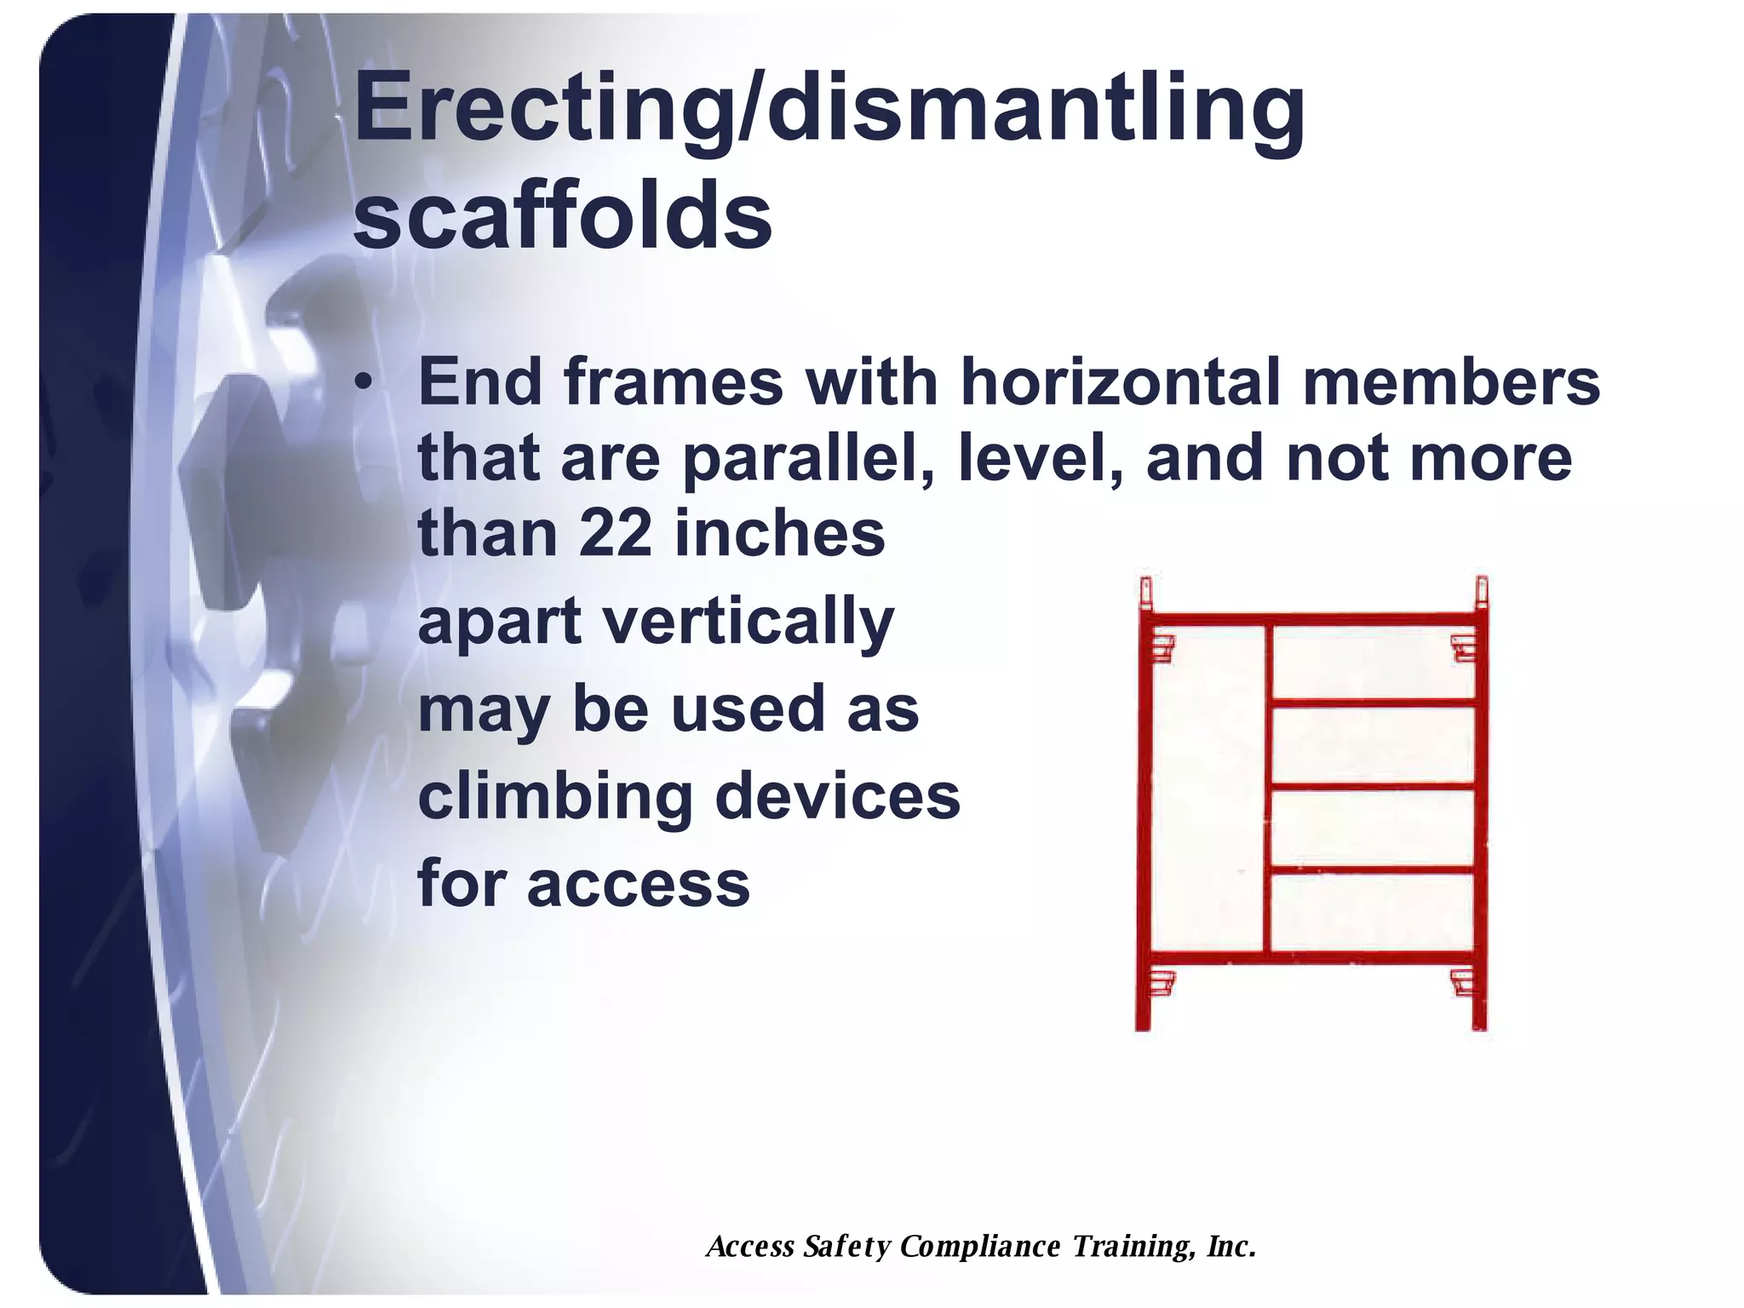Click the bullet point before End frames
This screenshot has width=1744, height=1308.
coord(364,382)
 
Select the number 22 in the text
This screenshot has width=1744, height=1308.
coord(615,535)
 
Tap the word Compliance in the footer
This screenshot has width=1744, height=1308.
coord(980,1247)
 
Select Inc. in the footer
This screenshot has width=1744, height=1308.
coord(1231,1247)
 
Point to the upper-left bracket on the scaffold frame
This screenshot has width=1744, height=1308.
coord(1162,647)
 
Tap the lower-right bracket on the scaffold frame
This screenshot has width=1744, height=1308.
coord(1463,981)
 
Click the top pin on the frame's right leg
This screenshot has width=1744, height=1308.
coord(1481,589)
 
